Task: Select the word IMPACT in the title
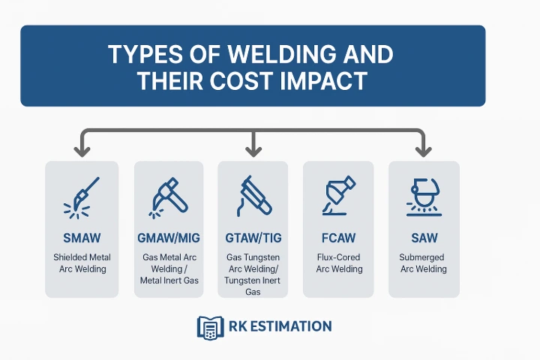(329, 80)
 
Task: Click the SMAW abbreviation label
(82, 238)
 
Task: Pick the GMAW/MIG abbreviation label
(169, 238)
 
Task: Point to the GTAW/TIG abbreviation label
(253, 238)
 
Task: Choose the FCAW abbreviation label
(338, 238)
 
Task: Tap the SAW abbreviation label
(423, 238)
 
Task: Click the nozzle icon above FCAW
(337, 196)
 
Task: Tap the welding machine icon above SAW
(423, 196)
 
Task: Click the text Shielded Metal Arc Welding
(82, 263)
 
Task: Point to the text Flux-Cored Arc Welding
(338, 263)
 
